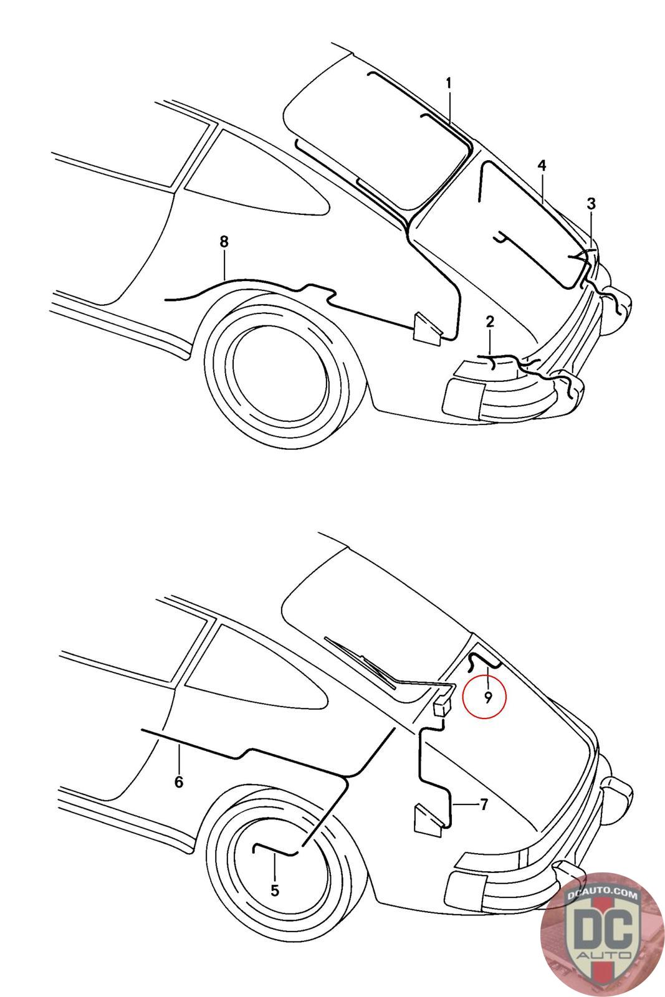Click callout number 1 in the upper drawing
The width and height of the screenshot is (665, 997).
448,83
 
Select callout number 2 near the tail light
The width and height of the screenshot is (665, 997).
490,322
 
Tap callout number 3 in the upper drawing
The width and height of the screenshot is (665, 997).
591,204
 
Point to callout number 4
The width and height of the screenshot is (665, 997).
541,166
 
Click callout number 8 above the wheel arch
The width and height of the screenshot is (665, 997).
224,242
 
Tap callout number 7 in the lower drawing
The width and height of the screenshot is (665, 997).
484,804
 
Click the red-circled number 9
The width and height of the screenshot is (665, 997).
488,697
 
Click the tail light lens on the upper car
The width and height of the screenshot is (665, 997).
463,392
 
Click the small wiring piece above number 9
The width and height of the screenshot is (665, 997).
484,661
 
